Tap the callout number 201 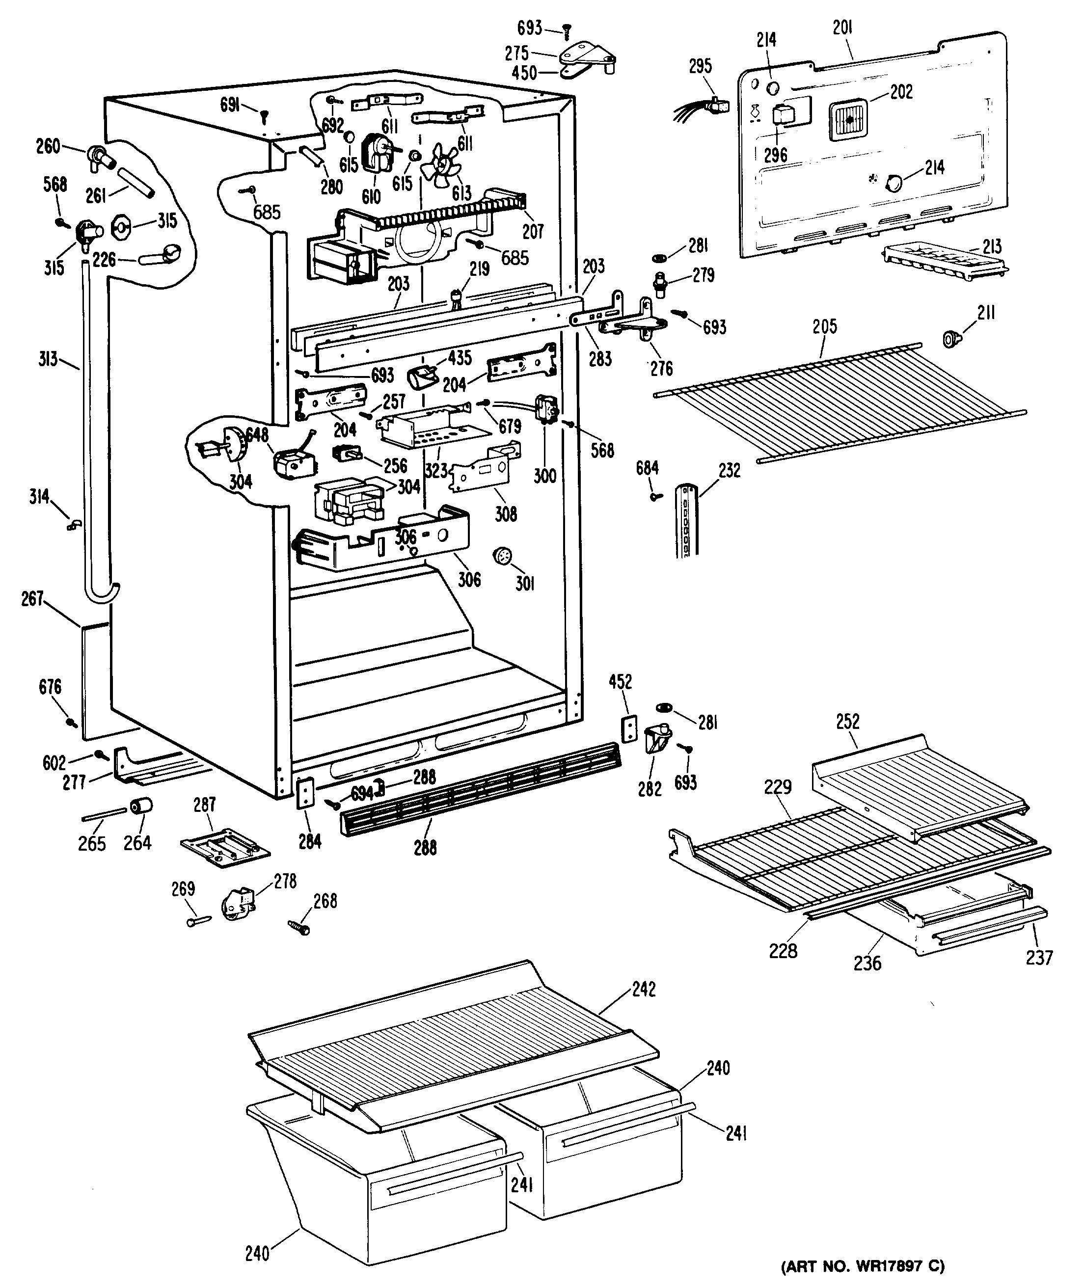(842, 27)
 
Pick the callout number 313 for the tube (48, 358)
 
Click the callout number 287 (205, 805)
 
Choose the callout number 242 (644, 990)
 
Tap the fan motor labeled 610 (379, 154)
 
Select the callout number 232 (730, 471)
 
